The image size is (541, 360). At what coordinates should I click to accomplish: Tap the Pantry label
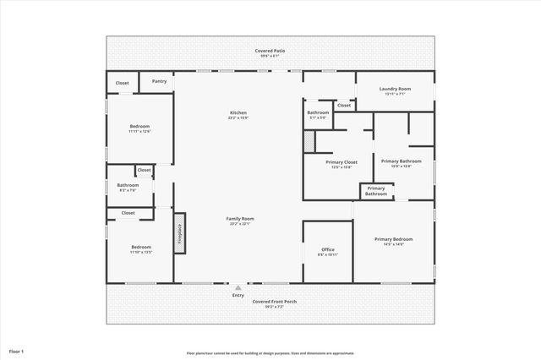click(159, 81)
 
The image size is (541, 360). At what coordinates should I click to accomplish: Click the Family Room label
click(240, 221)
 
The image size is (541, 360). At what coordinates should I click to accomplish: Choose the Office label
click(328, 251)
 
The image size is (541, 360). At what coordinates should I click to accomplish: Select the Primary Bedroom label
click(394, 241)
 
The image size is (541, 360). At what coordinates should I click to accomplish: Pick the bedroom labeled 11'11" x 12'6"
click(139, 128)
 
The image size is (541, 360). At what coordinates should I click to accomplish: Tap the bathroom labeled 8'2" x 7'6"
click(128, 187)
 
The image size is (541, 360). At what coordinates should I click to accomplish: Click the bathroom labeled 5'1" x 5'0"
click(318, 114)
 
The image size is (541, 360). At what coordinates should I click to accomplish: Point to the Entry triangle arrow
click(238, 288)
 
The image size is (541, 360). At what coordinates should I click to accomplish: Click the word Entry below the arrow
click(238, 295)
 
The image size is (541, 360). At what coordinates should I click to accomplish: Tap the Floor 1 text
click(17, 351)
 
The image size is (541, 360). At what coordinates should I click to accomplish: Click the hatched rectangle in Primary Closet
click(309, 142)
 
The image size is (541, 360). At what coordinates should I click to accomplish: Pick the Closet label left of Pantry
click(123, 83)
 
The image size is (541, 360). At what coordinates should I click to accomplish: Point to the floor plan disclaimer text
click(270, 353)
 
